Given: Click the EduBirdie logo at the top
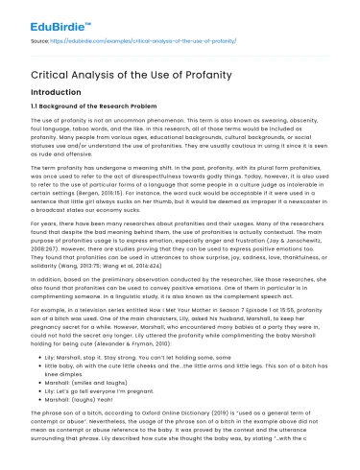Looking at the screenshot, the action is pyautogui.click(x=52, y=16).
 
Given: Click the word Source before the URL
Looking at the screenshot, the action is pyautogui.click(x=40, y=41).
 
